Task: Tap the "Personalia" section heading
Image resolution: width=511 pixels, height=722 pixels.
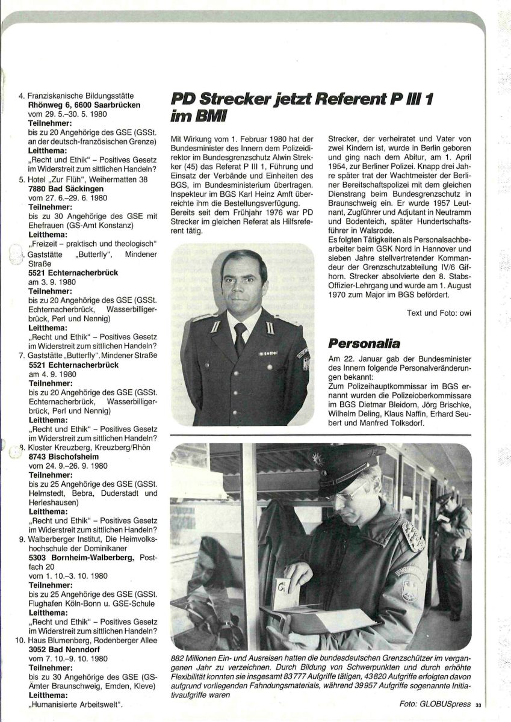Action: (364, 344)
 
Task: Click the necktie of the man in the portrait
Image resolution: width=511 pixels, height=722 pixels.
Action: (240, 338)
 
